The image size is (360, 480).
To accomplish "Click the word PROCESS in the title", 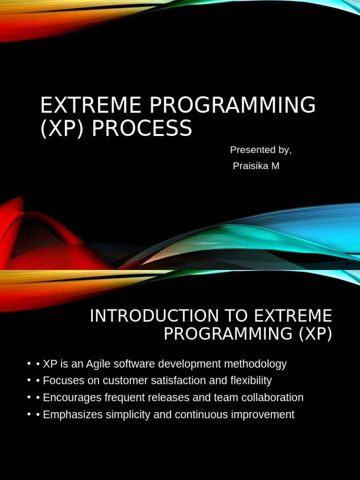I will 142,128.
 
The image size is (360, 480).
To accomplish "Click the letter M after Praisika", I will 275,166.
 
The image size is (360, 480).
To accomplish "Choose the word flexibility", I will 251,381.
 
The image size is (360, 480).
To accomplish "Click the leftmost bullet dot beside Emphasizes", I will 30,415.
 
